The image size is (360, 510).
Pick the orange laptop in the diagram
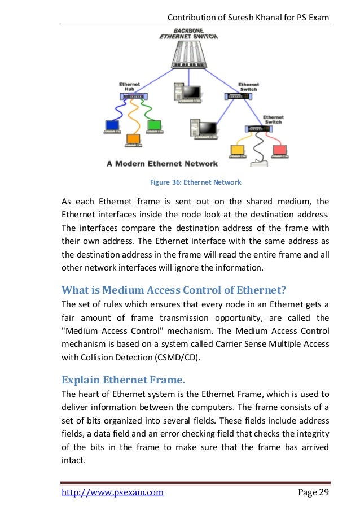tap(134, 139)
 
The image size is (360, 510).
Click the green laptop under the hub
tap(154, 126)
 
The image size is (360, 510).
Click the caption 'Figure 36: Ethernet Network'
tap(195, 182)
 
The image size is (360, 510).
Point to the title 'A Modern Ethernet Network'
tap(162, 164)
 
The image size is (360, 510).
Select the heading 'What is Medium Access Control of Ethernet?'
tap(174, 290)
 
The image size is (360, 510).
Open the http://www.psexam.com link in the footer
tap(112, 492)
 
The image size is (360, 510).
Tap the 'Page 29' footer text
tap(313, 492)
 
